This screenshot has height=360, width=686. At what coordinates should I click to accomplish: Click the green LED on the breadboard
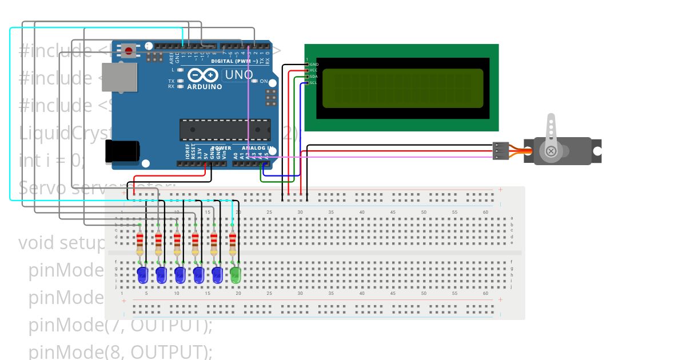[x=236, y=275]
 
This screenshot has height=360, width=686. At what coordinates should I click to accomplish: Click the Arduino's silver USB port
[x=119, y=77]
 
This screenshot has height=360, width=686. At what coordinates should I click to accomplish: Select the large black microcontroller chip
[x=224, y=130]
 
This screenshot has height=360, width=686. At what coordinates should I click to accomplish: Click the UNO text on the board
[x=239, y=75]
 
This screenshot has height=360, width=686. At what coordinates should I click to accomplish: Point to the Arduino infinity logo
[x=202, y=75]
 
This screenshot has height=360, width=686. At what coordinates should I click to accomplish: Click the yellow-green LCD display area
[x=402, y=89]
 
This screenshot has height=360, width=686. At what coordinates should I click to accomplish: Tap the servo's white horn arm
[x=551, y=131]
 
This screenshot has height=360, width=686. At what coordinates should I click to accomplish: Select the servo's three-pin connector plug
[x=501, y=151]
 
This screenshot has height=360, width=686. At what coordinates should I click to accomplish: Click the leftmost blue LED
[x=142, y=275]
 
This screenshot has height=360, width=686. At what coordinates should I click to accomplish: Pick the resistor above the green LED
[x=233, y=243]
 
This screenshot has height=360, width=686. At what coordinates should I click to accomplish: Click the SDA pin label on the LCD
[x=313, y=77]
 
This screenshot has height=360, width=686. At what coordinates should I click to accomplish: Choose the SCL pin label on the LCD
[x=313, y=83]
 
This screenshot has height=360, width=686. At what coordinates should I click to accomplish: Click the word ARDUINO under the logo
[x=205, y=87]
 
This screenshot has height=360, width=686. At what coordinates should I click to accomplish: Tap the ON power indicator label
[x=264, y=81]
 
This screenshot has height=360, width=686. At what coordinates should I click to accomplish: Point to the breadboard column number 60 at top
[x=485, y=212]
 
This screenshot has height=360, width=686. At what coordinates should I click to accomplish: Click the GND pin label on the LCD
[x=314, y=64]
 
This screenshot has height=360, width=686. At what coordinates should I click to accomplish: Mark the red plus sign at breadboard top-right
[x=500, y=189]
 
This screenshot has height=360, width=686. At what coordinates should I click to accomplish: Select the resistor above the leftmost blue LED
[x=140, y=243]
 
